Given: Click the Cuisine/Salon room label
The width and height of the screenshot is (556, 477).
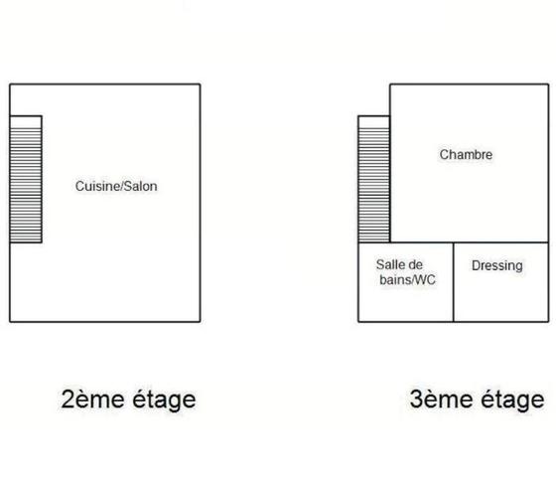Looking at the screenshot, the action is point(116,186).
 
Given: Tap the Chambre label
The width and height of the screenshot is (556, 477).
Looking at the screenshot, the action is point(466,154).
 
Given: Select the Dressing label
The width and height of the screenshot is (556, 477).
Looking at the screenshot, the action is point(497,266).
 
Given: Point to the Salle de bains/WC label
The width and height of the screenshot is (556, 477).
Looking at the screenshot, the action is point(406,272).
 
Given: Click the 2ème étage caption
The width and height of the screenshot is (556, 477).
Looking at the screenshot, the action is point(128,399).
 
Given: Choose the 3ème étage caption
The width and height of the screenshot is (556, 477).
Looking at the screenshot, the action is point(477,399).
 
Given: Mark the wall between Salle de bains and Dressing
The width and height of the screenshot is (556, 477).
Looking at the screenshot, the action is point(453,282).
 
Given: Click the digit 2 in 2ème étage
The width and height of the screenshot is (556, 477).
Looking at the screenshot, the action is point(68,398).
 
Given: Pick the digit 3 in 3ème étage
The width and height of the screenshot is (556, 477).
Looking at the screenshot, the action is point(416,398).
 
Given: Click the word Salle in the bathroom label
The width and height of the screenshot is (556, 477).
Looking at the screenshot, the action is point(388,264).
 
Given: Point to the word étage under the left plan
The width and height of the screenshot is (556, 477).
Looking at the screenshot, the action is point(164,400).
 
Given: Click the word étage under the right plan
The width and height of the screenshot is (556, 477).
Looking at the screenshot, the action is point(512,400).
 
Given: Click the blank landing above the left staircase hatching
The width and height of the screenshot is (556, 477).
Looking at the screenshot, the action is point(26,122).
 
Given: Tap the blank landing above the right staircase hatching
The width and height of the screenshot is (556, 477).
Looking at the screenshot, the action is point(374,122).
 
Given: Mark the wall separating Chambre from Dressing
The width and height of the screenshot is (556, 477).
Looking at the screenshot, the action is point(501,242).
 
